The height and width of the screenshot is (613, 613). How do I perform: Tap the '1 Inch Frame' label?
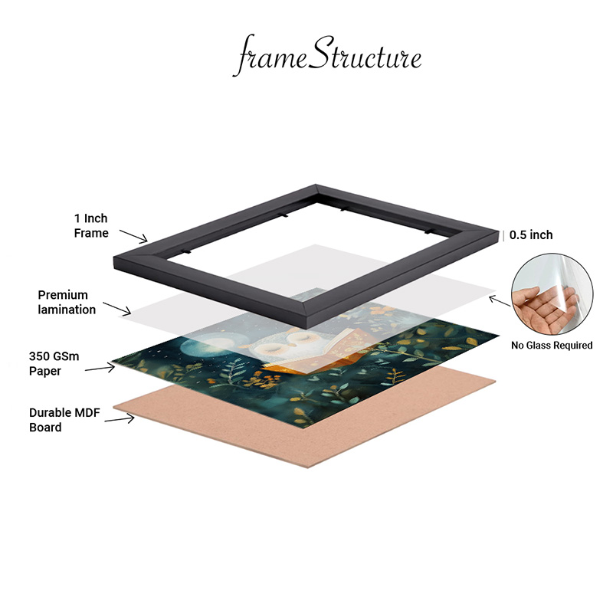pos(91,225)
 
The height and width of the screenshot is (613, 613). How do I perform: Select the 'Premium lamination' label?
pos(67,302)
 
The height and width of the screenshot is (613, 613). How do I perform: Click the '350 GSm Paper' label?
pos(54,363)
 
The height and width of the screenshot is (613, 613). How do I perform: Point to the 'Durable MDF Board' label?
pos(64,420)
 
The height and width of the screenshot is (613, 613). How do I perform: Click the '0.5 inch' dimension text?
pos(531,235)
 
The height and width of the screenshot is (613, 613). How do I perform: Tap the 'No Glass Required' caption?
pos(552,346)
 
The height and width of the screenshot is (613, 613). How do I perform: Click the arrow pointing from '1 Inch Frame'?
pos(133,236)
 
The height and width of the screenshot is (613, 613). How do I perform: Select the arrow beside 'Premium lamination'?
pos(117,309)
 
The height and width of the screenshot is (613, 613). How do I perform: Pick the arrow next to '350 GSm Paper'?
pos(100,368)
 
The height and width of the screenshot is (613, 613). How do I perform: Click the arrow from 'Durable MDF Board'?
pos(120,419)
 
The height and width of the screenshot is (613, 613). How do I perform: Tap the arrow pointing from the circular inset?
pos(500,301)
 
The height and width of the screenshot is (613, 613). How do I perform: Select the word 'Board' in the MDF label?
pos(45,428)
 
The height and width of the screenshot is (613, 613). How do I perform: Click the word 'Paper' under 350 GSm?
pos(45,371)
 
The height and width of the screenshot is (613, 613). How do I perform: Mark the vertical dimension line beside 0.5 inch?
pos(503,235)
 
